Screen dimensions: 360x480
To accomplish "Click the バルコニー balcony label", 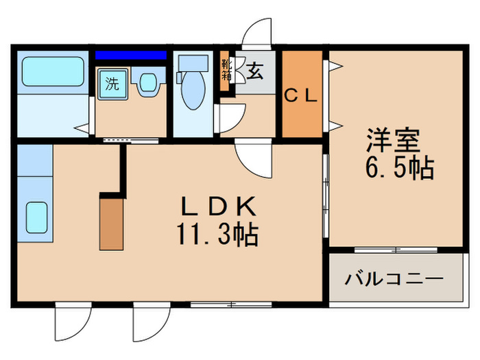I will (x=394, y=280).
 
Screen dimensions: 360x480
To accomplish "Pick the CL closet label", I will (x=301, y=97).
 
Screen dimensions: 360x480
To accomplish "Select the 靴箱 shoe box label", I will (x=226, y=71).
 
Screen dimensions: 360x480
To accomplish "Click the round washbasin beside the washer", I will (x=147, y=84).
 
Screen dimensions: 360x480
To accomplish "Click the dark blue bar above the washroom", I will (x=130, y=54).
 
